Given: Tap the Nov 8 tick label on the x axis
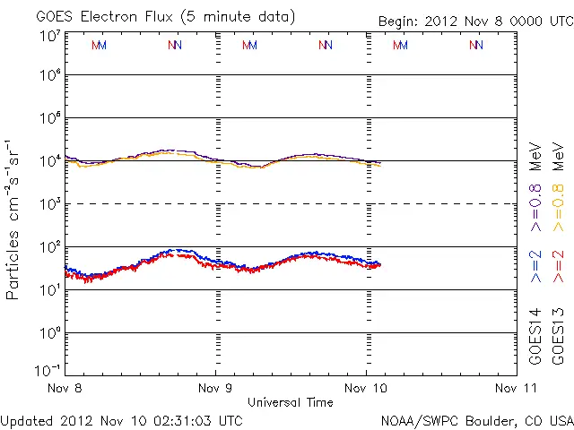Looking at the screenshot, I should click(x=65, y=389).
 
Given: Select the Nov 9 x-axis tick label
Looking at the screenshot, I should click(x=216, y=389).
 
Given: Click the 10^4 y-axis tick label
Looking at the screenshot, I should click(x=48, y=160).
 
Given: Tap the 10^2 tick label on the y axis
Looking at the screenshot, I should click(x=48, y=246).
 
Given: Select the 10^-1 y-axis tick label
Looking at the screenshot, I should click(x=48, y=371).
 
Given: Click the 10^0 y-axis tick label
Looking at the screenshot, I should click(x=48, y=332).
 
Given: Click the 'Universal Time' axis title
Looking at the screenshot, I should click(x=291, y=402).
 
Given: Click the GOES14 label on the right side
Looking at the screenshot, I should click(x=535, y=337).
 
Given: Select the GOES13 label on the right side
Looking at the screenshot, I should click(x=559, y=337).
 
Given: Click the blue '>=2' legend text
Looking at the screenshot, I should click(x=535, y=268).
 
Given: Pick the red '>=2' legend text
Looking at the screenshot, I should click(x=559, y=268).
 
